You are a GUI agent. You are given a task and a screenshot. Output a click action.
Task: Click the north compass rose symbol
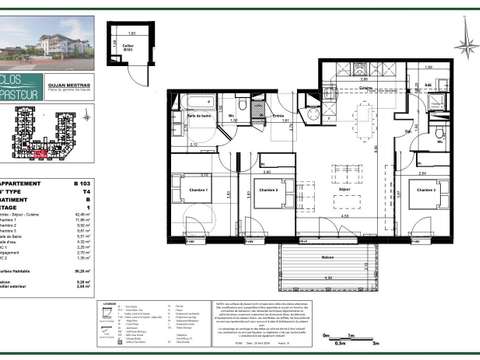[463, 45]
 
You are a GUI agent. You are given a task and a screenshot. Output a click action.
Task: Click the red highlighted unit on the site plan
[38, 155]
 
